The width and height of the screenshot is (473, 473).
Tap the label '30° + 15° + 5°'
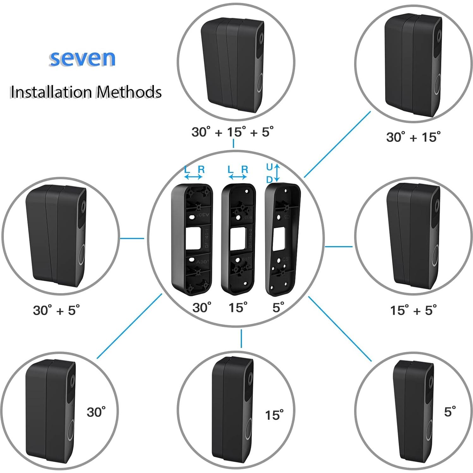[x=232, y=132]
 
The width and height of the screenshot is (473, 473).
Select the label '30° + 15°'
[x=413, y=137]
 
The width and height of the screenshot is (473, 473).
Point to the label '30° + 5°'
[x=56, y=310]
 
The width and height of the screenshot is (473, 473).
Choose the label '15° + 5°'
[x=413, y=310]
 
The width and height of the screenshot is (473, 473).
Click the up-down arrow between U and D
[x=277, y=173]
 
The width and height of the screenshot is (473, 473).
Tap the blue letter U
[x=269, y=167]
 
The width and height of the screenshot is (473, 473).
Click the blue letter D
[x=269, y=179]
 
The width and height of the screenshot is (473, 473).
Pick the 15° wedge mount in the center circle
[x=238, y=239]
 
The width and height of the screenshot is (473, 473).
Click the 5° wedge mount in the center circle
[x=282, y=239]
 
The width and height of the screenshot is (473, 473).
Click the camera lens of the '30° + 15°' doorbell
[x=439, y=35]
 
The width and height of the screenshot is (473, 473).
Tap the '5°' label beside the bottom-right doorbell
[x=450, y=411]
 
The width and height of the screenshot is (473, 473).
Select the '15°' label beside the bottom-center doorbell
[x=274, y=415]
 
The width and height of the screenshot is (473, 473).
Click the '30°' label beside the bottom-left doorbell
[x=96, y=412]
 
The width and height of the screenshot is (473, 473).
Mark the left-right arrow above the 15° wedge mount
[x=237, y=177]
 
